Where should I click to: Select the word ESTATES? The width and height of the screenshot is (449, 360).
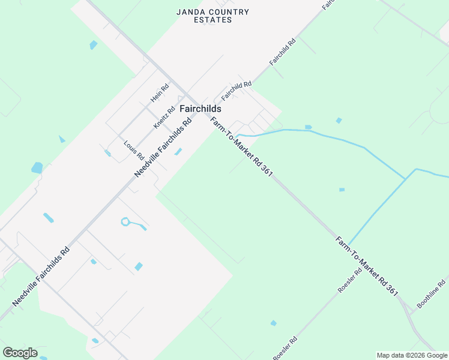coord(212,20)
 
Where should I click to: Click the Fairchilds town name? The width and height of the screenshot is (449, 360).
coord(200,109)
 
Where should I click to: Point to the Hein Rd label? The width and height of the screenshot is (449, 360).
coord(160,92)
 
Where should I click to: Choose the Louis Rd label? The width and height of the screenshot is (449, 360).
coord(134,150)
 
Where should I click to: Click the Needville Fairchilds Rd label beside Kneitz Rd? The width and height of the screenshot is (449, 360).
coord(162,147)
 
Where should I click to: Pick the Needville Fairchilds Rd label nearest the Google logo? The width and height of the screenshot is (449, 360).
coord(41,275)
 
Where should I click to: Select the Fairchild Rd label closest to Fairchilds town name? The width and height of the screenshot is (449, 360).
coord(236,91)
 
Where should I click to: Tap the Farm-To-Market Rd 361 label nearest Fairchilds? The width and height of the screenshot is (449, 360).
coord(242,146)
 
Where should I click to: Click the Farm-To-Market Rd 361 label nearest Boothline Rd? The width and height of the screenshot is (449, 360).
coord(367,266)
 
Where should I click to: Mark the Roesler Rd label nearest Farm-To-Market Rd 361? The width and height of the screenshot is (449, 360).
coord(350,280)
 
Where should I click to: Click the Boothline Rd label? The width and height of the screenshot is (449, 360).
coord(432,294)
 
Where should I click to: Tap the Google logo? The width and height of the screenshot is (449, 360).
coord(20,353)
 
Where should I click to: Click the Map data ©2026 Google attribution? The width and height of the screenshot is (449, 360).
coord(412,355)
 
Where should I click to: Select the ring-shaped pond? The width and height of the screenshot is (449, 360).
coord(125,222)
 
